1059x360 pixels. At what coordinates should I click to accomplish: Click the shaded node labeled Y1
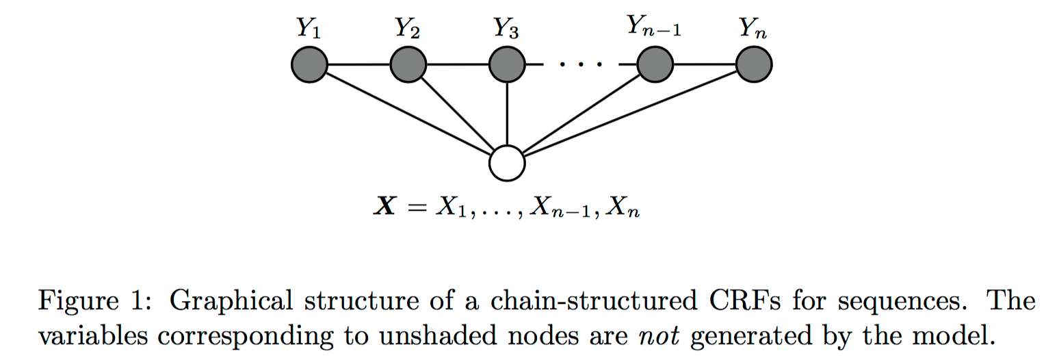pos(310,66)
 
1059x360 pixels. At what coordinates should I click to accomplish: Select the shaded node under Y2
pos(408,66)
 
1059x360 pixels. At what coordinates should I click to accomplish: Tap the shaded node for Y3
pos(507,66)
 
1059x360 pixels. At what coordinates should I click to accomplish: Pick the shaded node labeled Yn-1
pos(655,66)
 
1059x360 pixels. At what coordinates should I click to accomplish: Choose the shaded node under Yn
pos(754,66)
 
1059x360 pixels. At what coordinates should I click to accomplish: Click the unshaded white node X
pos(507,164)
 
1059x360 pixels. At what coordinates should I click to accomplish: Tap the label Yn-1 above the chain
pos(654,29)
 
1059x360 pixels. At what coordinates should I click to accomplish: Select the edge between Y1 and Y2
pos(359,66)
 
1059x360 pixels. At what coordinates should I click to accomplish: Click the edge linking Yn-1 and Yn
pos(705,66)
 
